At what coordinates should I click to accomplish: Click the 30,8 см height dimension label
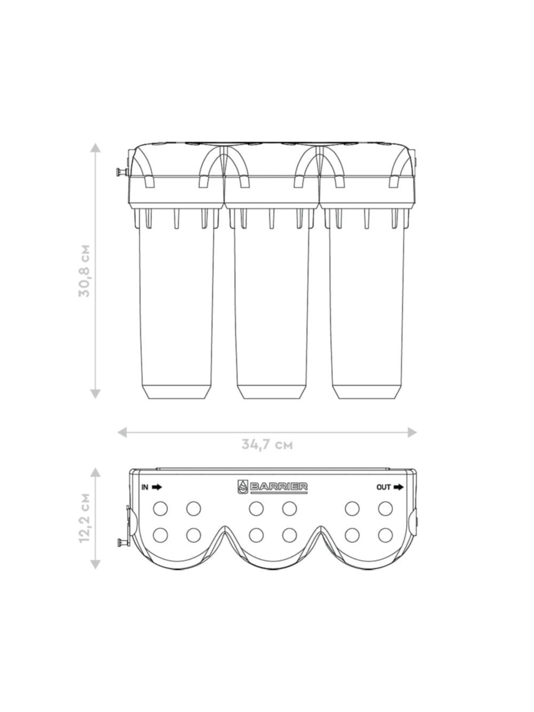point(84,271)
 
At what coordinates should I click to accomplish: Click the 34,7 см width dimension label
point(267,444)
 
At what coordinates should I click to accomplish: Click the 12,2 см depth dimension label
point(84,518)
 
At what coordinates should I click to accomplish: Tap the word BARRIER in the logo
point(278,487)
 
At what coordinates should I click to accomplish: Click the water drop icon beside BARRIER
point(243,487)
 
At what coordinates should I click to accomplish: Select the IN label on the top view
point(145,487)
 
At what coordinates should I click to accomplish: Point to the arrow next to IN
point(157,487)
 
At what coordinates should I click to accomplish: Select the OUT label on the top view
point(383,487)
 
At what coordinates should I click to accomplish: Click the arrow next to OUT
point(399,487)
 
